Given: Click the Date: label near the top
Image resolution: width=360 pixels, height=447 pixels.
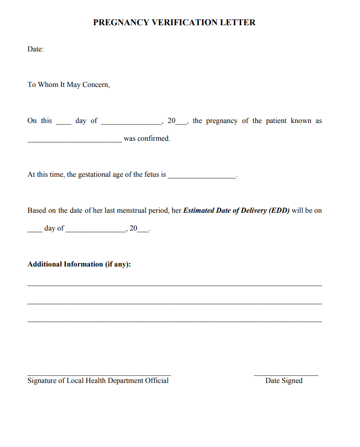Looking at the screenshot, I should pyautogui.click(x=36, y=49).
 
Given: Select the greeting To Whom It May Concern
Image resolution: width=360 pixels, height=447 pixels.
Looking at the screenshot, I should pyautogui.click(x=69, y=85).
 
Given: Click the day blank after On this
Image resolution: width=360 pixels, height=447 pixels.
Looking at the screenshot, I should pyautogui.click(x=64, y=123).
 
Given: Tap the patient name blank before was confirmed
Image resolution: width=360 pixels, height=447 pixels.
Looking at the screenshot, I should pyautogui.click(x=74, y=141).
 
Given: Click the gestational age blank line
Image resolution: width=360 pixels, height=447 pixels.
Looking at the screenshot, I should pyautogui.click(x=202, y=177).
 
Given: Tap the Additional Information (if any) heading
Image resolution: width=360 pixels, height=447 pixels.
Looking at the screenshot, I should pyautogui.click(x=79, y=264).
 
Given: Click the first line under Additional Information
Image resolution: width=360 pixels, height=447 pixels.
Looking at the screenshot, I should pyautogui.click(x=174, y=285).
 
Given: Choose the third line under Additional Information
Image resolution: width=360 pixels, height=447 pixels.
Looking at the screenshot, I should pyautogui.click(x=174, y=322).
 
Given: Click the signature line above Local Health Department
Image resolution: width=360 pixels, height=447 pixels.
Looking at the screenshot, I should pyautogui.click(x=99, y=375).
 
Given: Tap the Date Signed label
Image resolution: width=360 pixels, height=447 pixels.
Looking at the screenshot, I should pyautogui.click(x=284, y=381).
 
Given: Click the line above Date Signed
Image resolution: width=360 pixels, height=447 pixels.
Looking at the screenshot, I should pyautogui.click(x=286, y=375).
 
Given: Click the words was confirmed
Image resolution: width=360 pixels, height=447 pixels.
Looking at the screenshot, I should pyautogui.click(x=147, y=138).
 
